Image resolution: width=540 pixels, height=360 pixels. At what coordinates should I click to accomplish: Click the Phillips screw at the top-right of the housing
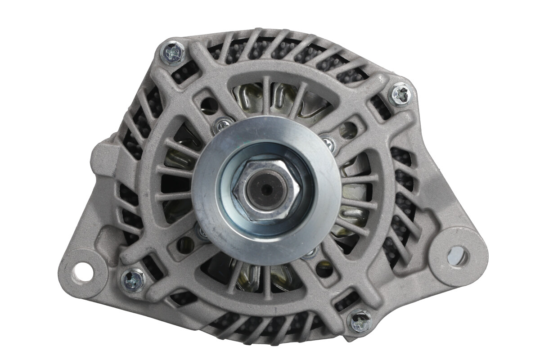point(400,94)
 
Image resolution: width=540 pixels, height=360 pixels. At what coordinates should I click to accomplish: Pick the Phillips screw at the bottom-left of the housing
point(133,280)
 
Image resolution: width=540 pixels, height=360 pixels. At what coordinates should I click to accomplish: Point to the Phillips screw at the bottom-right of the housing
point(360,321)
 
